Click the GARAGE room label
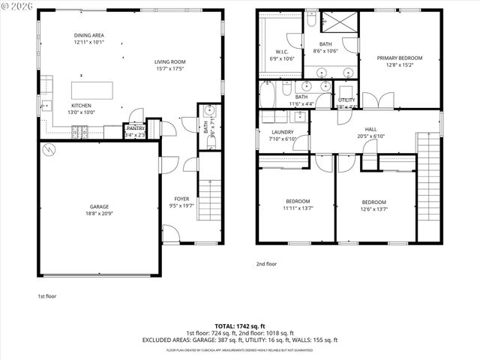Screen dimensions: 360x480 click(x=100, y=206)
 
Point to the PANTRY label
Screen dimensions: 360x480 click(x=135, y=128)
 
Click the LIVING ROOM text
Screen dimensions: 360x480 click(x=170, y=61)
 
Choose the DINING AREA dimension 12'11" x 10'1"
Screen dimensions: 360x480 click(x=90, y=43)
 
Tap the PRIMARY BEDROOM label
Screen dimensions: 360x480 click(x=399, y=58)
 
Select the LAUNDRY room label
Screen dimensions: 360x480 click(x=282, y=132)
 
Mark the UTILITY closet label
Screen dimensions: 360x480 click(x=346, y=100)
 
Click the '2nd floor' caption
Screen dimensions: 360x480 click(x=266, y=264)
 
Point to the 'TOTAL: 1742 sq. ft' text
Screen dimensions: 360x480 click(x=240, y=326)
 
